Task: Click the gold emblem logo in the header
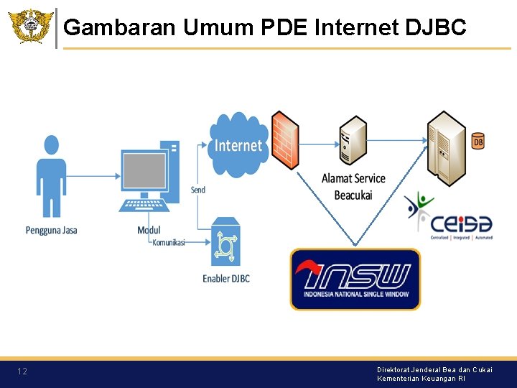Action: click(30, 27)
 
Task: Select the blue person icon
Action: click(51, 176)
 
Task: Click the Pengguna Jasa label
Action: click(51, 230)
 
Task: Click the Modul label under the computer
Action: click(149, 230)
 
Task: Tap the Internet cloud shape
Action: click(238, 145)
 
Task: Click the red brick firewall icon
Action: click(285, 139)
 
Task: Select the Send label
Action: click(198, 190)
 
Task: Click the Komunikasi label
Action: click(169, 243)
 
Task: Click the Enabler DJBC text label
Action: click(226, 279)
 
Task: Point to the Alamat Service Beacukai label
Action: click(353, 187)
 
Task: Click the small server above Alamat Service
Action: click(353, 139)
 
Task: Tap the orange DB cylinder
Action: click(478, 142)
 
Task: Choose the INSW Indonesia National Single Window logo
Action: click(355, 279)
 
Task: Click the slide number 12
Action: click(22, 371)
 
